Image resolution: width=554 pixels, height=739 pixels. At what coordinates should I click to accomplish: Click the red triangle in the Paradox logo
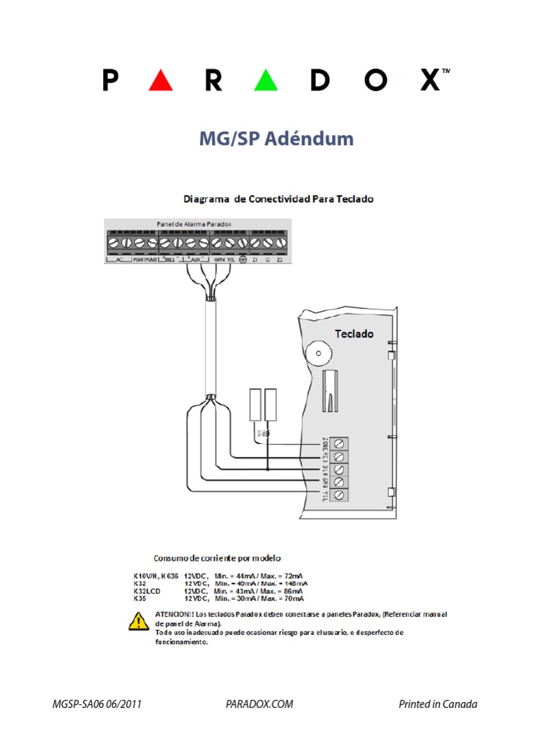point(160,80)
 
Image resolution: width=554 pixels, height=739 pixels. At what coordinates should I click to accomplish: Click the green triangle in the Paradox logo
point(266,80)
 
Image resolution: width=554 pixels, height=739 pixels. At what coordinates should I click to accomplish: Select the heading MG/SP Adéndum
point(276,139)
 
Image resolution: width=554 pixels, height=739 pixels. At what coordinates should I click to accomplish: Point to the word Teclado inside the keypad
point(354,333)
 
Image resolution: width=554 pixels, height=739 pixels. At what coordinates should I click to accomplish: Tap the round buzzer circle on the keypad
point(316,354)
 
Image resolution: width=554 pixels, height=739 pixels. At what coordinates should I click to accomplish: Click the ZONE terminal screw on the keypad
point(339,443)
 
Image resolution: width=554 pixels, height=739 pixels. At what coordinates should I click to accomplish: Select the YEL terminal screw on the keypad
point(339,495)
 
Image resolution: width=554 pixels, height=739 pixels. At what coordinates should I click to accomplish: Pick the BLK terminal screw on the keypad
point(339,469)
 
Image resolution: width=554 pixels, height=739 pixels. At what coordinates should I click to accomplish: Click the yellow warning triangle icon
point(138,620)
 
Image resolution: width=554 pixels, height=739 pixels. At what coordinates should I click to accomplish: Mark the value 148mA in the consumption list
point(296,583)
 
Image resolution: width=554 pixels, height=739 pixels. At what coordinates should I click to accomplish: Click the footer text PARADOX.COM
point(259,704)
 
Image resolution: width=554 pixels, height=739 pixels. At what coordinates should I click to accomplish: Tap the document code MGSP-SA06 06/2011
point(92,704)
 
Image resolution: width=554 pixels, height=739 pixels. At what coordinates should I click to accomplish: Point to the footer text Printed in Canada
point(438,704)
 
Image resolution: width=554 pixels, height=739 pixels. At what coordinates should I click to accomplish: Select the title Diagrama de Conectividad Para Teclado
point(278,198)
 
